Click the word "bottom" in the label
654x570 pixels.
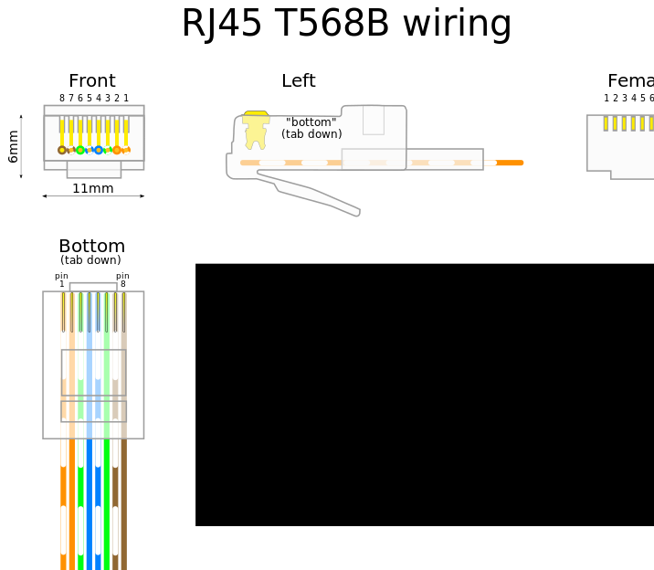[x=311, y=122]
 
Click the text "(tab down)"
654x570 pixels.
[x=311, y=134]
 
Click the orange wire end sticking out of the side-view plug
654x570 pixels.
[x=510, y=163]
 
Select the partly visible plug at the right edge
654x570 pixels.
[x=621, y=146]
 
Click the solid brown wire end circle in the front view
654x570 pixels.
[x=62, y=150]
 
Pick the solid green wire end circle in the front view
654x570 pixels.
[x=80, y=150]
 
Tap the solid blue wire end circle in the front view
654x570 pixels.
[x=99, y=150]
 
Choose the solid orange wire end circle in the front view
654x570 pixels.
[x=117, y=150]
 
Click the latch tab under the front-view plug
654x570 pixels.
[x=94, y=170]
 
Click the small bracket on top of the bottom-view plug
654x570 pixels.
[x=93, y=286]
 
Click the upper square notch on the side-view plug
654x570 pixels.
[x=373, y=120]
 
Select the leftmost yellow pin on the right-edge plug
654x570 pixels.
[x=605, y=122]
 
